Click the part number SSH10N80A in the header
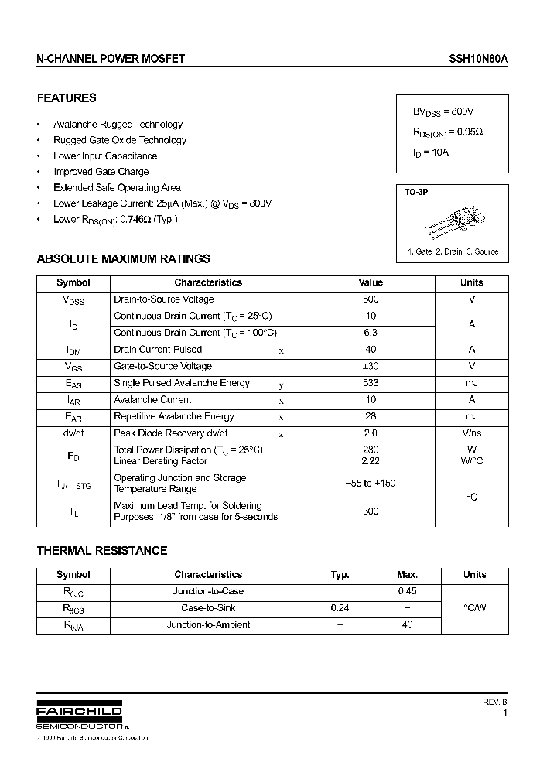click(480, 59)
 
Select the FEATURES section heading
click(67, 98)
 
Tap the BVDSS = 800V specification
click(443, 111)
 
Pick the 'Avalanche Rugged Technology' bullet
click(118, 125)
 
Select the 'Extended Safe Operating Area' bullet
click(117, 188)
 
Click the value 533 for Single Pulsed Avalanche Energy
click(371, 383)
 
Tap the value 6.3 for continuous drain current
click(371, 333)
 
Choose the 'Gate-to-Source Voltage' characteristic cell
click(162, 367)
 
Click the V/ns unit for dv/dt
click(471, 434)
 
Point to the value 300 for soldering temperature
click(371, 511)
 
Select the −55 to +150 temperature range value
click(371, 484)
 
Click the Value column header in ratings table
click(371, 283)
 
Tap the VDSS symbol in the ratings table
click(73, 300)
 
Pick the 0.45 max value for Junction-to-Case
click(407, 592)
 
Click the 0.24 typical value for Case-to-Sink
click(340, 608)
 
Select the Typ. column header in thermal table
click(340, 575)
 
